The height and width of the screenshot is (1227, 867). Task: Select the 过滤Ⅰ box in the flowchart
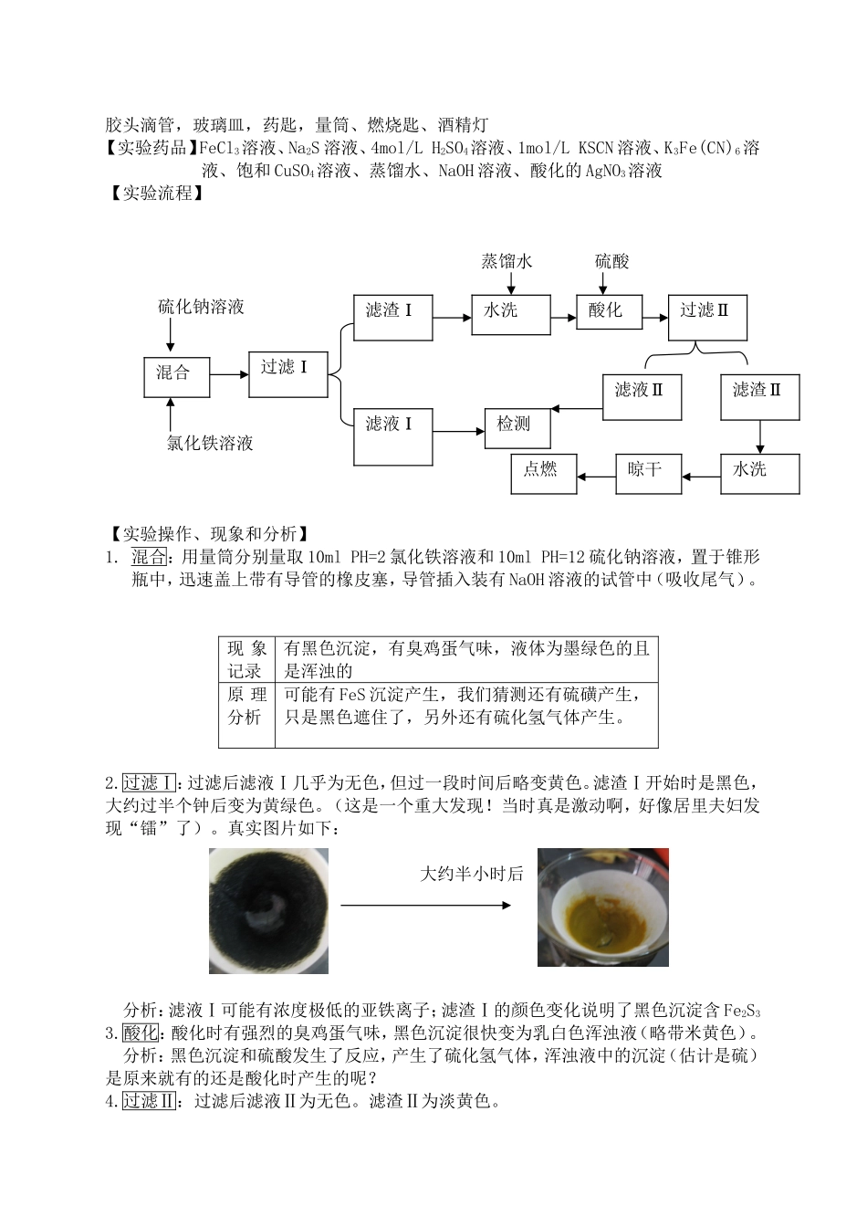[x=287, y=371]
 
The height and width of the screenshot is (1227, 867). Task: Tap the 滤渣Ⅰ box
[x=392, y=316]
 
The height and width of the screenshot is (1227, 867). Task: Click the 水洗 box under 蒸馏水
[x=510, y=314]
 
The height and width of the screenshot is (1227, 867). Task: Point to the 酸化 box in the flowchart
[x=609, y=314]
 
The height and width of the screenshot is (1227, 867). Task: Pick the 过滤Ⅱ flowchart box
[x=707, y=316]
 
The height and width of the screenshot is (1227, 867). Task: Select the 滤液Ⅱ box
[x=642, y=396]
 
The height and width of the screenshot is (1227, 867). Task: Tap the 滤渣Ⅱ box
[x=759, y=396]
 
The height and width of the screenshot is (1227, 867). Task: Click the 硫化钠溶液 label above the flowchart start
[x=201, y=307]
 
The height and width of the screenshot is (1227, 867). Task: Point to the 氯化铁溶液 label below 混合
[x=210, y=444]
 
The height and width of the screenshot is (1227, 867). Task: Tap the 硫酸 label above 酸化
[x=612, y=262]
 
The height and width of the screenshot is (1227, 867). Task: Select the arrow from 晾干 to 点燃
[x=596, y=475]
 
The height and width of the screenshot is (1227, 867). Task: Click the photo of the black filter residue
[x=268, y=910]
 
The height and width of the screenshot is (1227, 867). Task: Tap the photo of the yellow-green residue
[x=602, y=907]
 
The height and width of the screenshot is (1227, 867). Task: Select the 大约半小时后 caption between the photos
[x=471, y=874]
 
